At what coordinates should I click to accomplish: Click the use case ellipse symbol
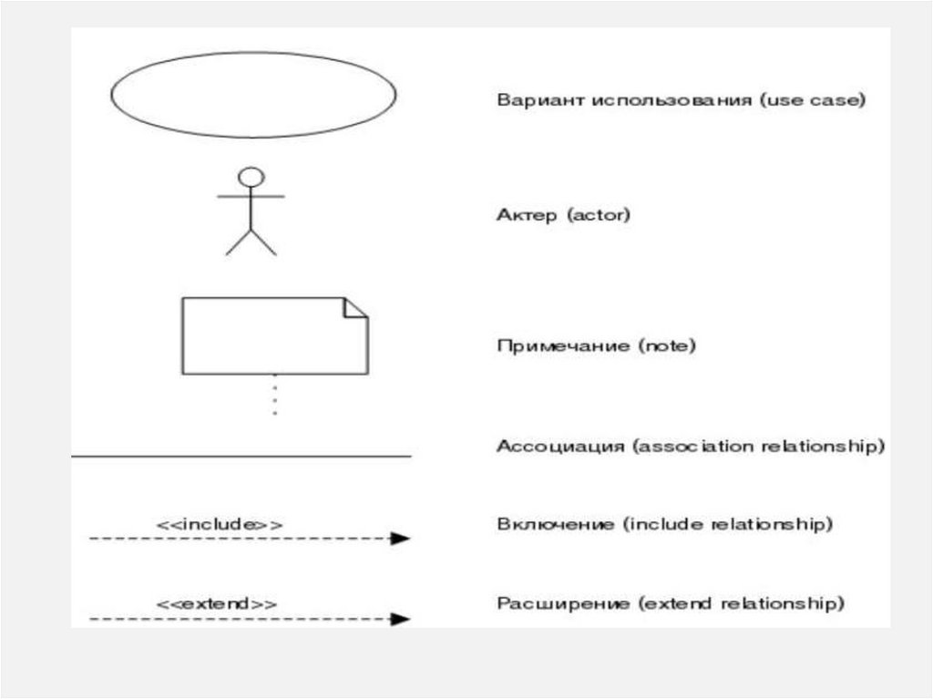(253, 94)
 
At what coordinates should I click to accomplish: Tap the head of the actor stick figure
(251, 176)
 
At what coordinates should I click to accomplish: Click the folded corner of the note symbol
(355, 308)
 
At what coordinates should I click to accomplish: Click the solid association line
(241, 455)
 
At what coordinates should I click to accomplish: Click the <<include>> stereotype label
(220, 524)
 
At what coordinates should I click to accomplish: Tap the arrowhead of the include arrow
(401, 539)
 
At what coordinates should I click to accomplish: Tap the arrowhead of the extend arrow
(401, 619)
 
